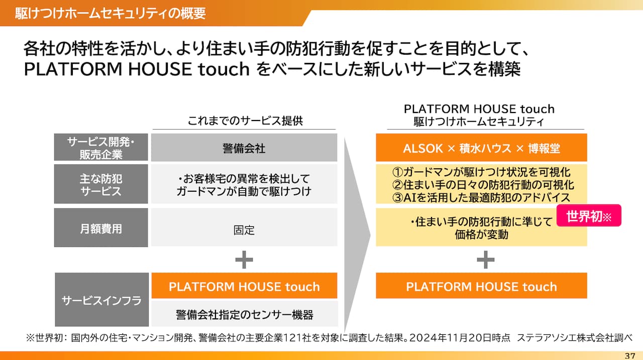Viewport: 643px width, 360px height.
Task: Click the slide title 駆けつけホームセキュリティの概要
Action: click(x=110, y=13)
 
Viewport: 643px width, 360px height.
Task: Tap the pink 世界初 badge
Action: click(x=589, y=216)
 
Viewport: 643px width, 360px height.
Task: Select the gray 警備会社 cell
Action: click(x=244, y=148)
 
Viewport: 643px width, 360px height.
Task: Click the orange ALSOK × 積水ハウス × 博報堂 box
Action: click(x=481, y=148)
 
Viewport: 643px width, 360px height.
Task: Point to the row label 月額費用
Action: click(x=101, y=228)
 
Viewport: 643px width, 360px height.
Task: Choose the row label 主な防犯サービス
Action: click(x=101, y=184)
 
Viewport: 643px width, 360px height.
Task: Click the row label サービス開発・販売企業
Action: click(x=101, y=148)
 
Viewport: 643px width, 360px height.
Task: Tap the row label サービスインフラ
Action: click(x=101, y=300)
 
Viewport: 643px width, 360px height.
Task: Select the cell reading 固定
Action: click(x=244, y=230)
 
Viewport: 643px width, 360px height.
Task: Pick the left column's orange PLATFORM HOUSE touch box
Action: click(x=244, y=286)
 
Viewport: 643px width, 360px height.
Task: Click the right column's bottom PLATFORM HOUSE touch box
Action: click(x=481, y=286)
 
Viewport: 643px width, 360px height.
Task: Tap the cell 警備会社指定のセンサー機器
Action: click(x=244, y=315)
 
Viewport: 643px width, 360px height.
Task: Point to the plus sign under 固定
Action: click(x=244, y=260)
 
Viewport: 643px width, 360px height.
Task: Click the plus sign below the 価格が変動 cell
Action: click(x=485, y=260)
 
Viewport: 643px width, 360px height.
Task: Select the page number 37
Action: click(x=630, y=355)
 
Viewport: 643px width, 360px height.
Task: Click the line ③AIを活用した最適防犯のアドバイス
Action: click(x=481, y=197)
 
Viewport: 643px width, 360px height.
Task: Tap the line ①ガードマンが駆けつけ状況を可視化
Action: click(x=481, y=172)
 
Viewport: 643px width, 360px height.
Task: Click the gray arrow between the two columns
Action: click(x=357, y=231)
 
